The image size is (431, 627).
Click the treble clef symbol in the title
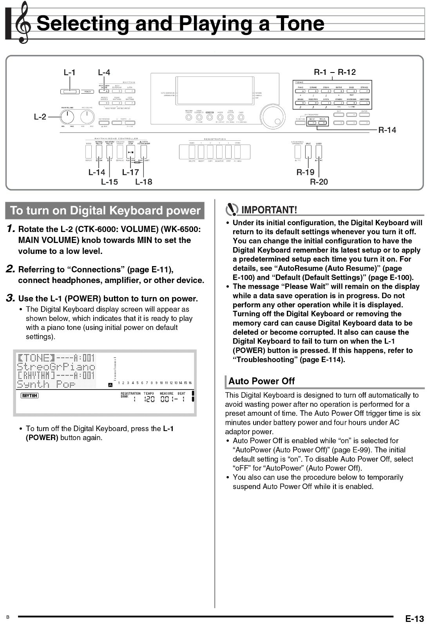click(x=23, y=23)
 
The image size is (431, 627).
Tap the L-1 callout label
click(x=69, y=72)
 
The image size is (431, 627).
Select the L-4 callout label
click(x=104, y=72)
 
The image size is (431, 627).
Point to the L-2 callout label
click(x=40, y=116)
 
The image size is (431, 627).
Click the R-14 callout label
click(x=387, y=130)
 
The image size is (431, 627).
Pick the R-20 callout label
click(x=319, y=182)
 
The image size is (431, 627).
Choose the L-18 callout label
click(x=143, y=182)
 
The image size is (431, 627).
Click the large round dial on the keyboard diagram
click(x=273, y=116)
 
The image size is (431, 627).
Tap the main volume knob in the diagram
click(x=67, y=116)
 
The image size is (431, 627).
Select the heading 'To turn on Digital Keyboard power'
click(x=105, y=211)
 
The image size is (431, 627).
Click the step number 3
click(x=11, y=298)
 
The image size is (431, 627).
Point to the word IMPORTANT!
click(x=269, y=210)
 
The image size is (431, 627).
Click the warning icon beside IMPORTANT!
click(x=232, y=210)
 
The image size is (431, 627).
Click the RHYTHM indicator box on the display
click(x=29, y=395)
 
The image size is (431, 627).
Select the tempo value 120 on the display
click(x=149, y=399)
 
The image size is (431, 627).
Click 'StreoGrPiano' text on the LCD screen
click(x=56, y=367)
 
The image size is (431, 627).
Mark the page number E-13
click(x=414, y=619)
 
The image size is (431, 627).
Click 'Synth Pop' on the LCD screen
click(x=46, y=384)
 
